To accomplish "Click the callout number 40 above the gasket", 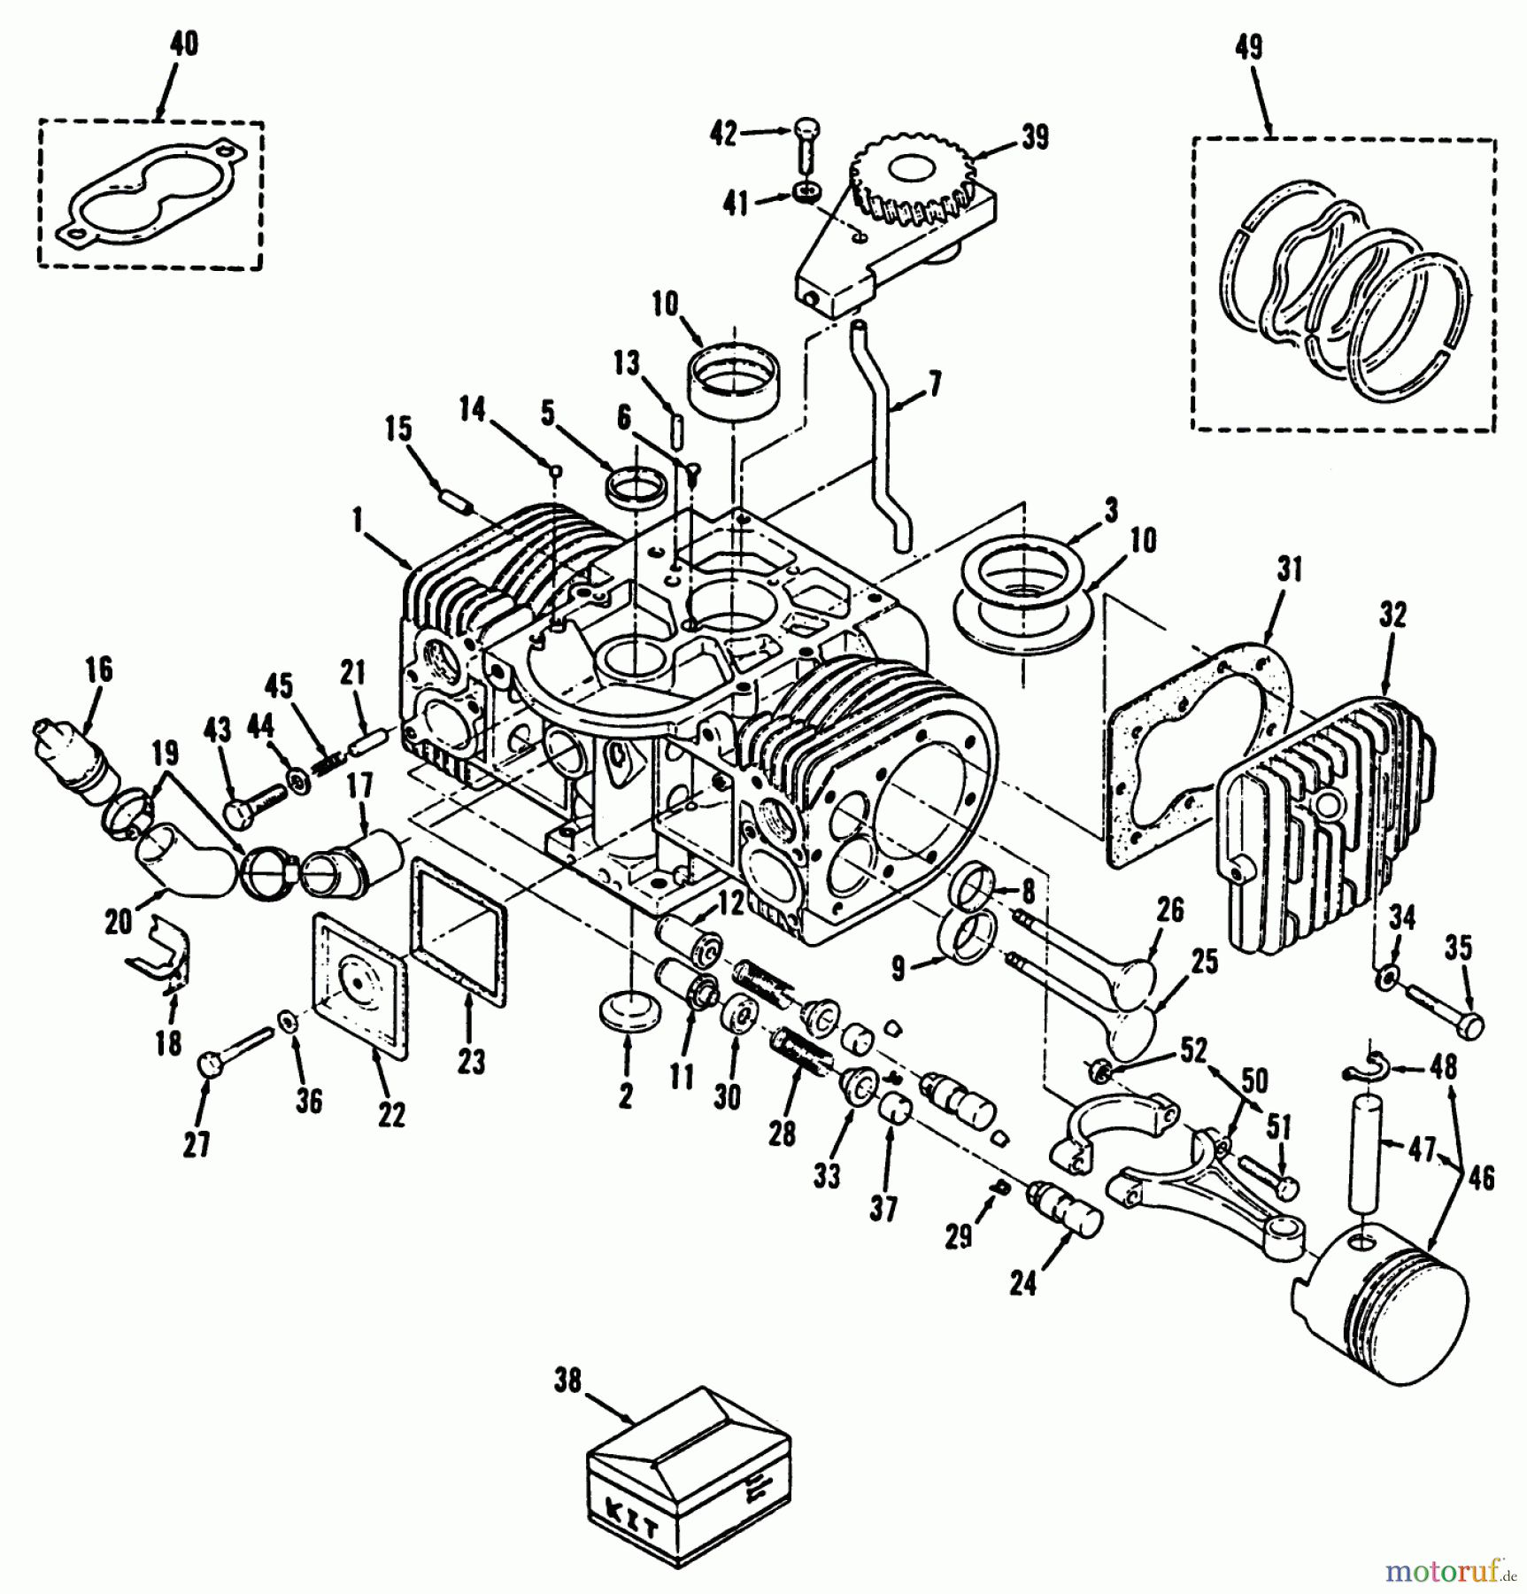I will [x=183, y=43].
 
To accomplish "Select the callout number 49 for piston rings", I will [x=1248, y=47].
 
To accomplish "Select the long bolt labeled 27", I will [x=235, y=1049].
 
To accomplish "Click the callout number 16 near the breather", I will [x=99, y=669].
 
